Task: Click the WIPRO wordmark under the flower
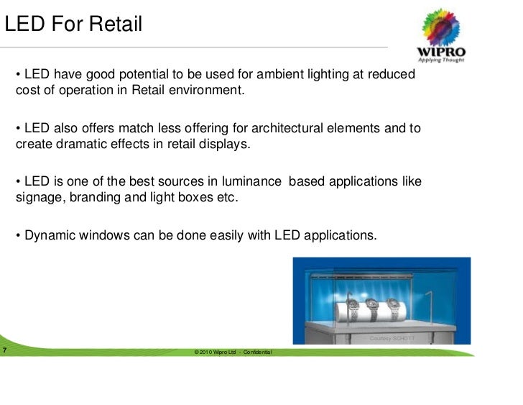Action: coord(441,53)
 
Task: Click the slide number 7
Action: coord(5,350)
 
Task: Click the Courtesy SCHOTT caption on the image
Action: coord(392,338)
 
